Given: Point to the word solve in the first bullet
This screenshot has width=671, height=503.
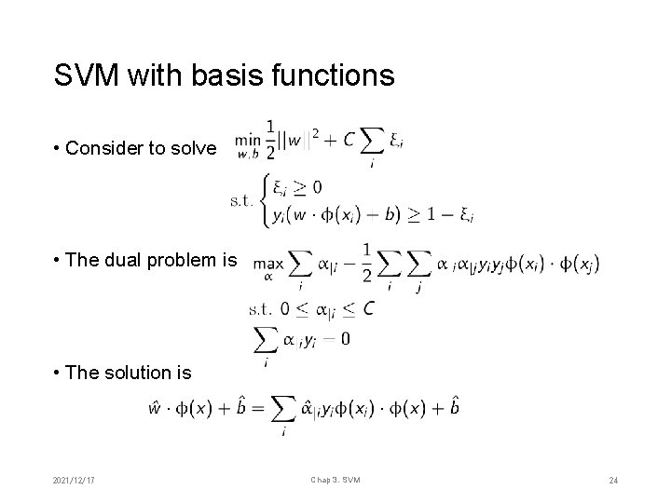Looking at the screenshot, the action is (x=191, y=149).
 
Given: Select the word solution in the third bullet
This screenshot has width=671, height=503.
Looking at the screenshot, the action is (x=138, y=373).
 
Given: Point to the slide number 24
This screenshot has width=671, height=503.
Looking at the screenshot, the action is (x=613, y=480).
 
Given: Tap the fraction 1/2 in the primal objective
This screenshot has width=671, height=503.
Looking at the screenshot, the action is (x=270, y=137).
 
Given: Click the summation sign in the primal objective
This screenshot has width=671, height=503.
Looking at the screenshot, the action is (x=374, y=141).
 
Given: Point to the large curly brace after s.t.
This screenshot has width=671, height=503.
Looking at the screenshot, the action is (x=267, y=199).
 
